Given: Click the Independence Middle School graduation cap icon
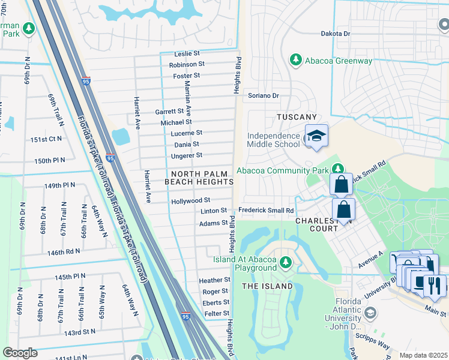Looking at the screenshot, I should click(x=316, y=136).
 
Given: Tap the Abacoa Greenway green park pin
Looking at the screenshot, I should click(x=295, y=60).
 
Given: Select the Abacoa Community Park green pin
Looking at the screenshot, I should click(x=338, y=170).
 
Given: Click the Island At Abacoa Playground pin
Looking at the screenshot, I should click(x=286, y=262).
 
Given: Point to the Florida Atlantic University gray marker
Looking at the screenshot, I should click(x=370, y=313).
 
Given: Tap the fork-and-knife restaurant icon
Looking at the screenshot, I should click(x=435, y=286).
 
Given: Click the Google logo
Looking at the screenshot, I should click(x=20, y=353).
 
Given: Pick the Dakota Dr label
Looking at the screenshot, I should click(x=335, y=34).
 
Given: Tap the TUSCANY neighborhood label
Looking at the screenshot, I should click(x=296, y=116).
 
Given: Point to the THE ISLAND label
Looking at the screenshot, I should click(x=267, y=286).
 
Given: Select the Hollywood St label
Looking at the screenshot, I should click(x=190, y=200).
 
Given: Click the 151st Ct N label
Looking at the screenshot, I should click(x=46, y=139).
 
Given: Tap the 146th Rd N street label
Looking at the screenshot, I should click(x=64, y=253).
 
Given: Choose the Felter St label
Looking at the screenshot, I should click(x=217, y=313).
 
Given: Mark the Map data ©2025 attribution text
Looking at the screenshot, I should click(x=423, y=355).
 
